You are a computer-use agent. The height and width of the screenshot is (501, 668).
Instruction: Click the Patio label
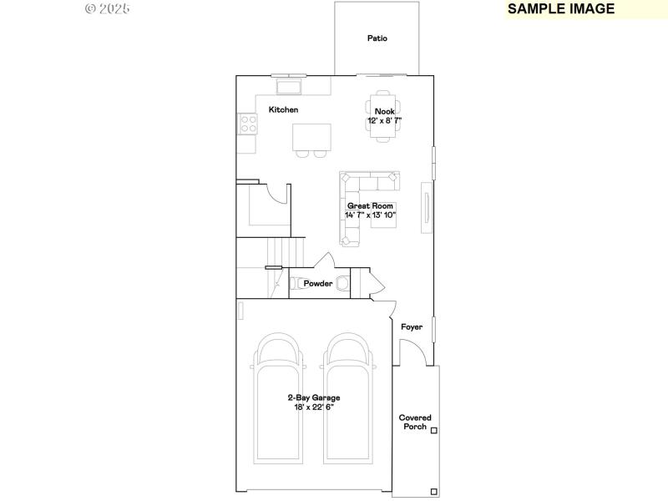point(377,38)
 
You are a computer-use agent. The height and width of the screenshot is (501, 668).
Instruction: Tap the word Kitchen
point(283,110)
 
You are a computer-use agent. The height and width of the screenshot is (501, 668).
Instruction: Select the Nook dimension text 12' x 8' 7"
point(384,121)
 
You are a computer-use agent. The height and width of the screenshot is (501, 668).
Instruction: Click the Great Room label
point(370,205)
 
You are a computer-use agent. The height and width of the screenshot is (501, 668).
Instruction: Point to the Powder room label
point(317,284)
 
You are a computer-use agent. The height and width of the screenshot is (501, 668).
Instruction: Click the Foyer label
point(412,327)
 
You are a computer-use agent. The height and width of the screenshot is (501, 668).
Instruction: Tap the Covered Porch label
point(413,422)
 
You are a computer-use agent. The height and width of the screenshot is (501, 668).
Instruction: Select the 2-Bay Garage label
point(314,398)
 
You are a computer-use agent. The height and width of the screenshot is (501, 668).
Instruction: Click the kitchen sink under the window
point(290,87)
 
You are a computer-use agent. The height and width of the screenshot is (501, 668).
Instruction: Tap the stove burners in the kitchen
point(249,124)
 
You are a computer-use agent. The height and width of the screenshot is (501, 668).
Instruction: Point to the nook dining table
point(383,106)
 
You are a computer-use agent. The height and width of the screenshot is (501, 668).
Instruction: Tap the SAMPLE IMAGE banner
point(560,9)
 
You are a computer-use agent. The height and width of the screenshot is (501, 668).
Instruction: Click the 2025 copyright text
point(108,9)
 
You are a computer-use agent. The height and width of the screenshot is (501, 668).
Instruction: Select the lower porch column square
point(433,491)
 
